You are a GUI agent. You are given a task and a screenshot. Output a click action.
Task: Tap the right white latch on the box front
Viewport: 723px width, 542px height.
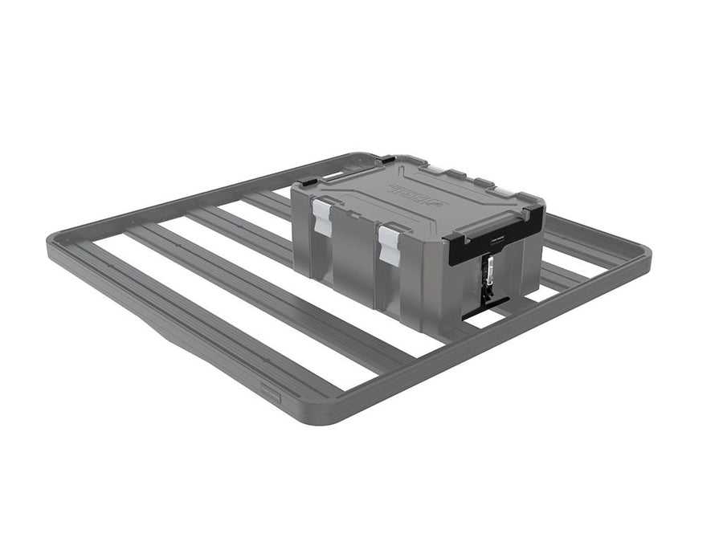point(390,242)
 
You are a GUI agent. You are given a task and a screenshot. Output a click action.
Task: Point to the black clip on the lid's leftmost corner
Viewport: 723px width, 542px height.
point(308,184)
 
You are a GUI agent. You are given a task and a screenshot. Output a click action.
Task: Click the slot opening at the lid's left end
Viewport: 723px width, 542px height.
point(331,174)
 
